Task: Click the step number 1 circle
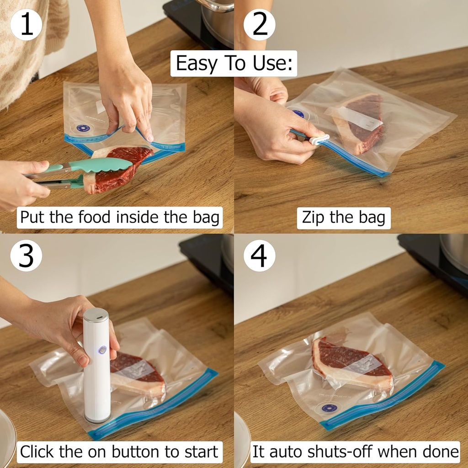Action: pos(26,24)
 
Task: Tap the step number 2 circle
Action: pos(259,24)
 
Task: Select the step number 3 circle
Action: pos(26,256)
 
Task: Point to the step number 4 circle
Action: pos(259,256)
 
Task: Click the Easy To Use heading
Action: pos(234,63)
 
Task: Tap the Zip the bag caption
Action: pos(343,218)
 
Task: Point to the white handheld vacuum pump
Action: pos(97,366)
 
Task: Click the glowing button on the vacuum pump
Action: pos(102,350)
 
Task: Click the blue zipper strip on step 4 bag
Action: pos(384,395)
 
